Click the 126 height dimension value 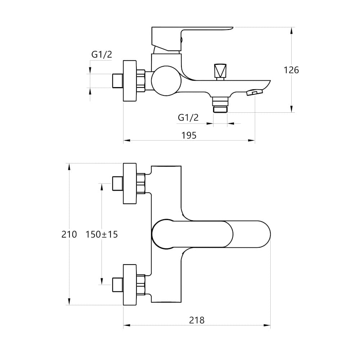291,70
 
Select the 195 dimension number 189,135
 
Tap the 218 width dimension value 197,320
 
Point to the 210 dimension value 69,234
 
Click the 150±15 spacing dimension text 102,234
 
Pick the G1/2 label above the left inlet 102,54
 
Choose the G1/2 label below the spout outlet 188,118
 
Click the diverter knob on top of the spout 220,72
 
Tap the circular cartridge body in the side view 166,81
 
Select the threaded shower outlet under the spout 220,104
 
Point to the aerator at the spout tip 255,92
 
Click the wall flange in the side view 130,81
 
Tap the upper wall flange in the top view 130,184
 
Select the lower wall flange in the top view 130,285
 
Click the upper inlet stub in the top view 118,184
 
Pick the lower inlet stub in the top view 118,285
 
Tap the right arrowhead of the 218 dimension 267,325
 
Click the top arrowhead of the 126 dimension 292,31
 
